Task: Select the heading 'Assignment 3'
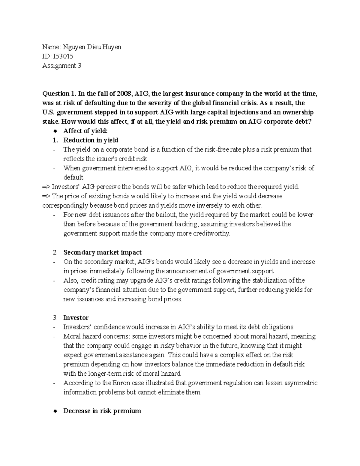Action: point(61,66)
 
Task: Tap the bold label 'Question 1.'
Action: point(59,94)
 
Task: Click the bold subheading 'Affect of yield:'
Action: point(85,131)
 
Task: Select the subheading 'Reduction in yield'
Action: point(91,140)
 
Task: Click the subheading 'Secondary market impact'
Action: point(102,252)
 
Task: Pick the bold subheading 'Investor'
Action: point(76,317)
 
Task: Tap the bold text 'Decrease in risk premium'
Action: point(102,411)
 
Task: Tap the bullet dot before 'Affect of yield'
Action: point(55,131)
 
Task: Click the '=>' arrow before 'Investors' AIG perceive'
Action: point(46,187)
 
